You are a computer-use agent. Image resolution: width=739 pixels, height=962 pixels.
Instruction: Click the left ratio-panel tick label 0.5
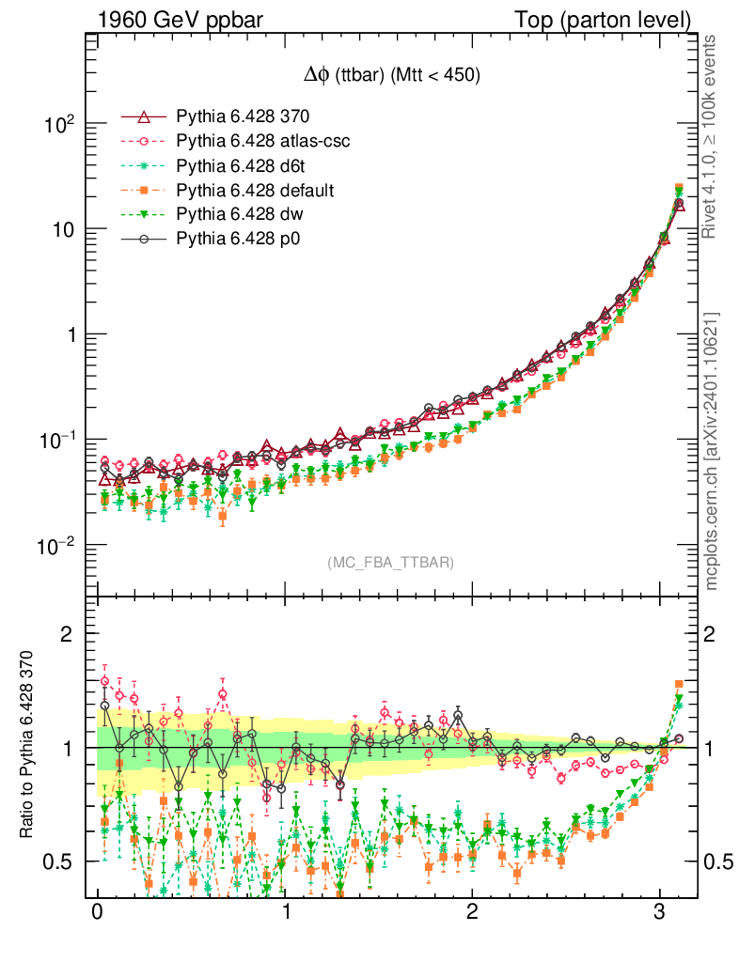point(65,861)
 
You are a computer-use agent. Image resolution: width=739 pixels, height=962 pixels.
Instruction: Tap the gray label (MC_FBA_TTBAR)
point(390,563)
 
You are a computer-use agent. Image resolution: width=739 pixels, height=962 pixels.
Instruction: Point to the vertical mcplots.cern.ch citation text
point(713,452)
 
